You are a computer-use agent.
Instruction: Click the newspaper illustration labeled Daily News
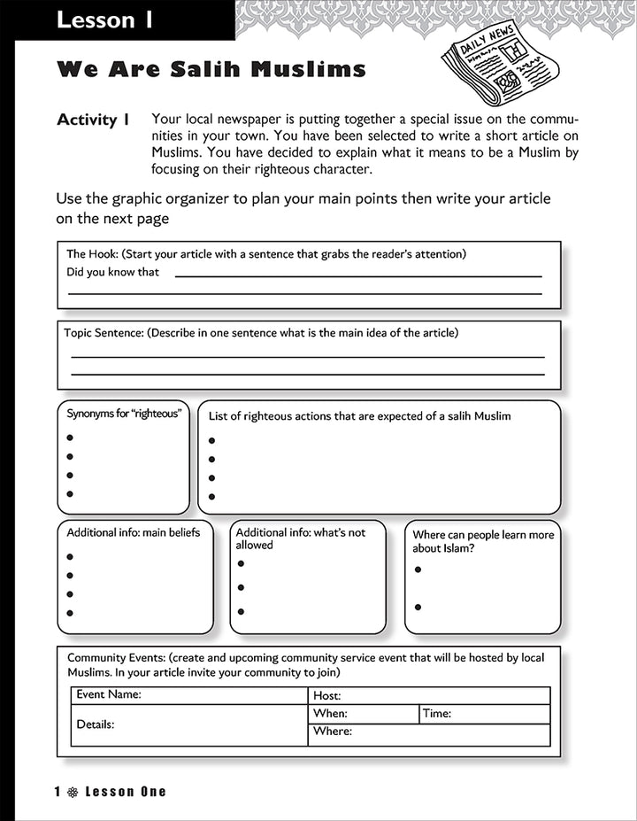pyautogui.click(x=501, y=64)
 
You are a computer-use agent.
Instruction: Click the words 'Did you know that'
pyautogui.click(x=112, y=273)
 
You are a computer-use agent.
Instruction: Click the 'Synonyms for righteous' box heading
pyautogui.click(x=123, y=414)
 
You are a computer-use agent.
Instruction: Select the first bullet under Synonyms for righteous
pyautogui.click(x=70, y=438)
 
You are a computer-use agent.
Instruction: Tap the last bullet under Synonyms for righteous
pyautogui.click(x=70, y=494)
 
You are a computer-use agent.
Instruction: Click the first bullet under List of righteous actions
pyautogui.click(x=211, y=440)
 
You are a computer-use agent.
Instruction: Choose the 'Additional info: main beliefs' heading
pyautogui.click(x=134, y=532)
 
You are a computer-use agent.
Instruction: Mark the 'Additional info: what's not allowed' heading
pyautogui.click(x=300, y=538)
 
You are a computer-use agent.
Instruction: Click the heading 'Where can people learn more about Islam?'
pyautogui.click(x=483, y=541)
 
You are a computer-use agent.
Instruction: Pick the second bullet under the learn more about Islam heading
pyautogui.click(x=418, y=607)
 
